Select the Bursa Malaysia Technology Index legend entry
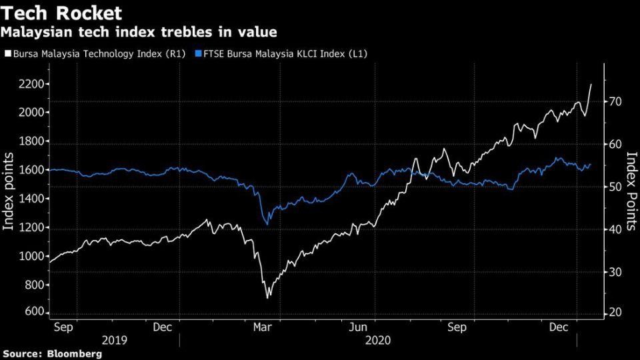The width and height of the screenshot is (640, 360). point(92,52)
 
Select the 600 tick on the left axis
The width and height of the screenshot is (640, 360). point(35,313)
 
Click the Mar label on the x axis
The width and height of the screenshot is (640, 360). point(262,328)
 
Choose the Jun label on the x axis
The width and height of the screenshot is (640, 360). point(359,328)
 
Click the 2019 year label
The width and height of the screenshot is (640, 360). point(113,341)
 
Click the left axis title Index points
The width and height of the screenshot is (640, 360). point(9,191)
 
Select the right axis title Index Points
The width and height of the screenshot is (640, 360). point(631,191)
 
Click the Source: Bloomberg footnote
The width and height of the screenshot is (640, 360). point(53,354)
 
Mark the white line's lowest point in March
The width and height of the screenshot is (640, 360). point(268,297)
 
